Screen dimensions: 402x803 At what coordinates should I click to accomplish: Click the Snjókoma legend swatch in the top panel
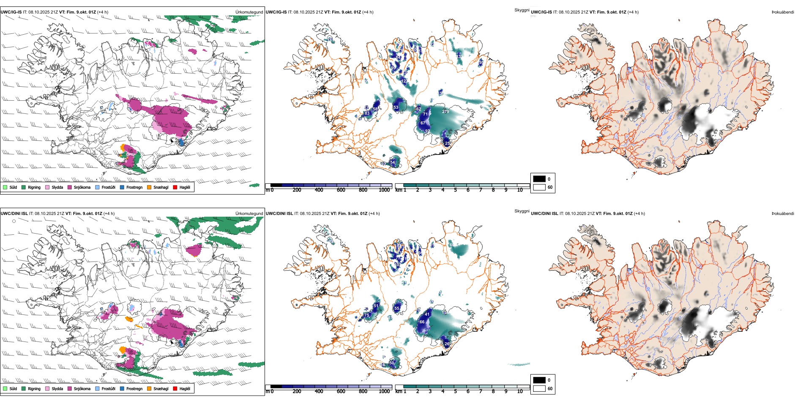tap(70, 187)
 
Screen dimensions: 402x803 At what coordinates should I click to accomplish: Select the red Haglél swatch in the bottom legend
tap(175, 388)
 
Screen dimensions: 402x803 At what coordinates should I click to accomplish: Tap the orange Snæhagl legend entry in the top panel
tap(150, 187)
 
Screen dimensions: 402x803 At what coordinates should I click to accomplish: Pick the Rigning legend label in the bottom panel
tap(34, 388)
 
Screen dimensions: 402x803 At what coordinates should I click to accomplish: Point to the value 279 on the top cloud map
tap(445, 112)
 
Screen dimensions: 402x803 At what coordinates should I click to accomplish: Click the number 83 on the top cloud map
tap(367, 113)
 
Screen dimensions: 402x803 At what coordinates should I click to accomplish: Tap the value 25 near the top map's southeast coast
tap(447, 143)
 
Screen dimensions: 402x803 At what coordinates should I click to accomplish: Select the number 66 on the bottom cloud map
tap(422, 322)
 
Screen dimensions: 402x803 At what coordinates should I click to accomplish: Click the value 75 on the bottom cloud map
tap(366, 315)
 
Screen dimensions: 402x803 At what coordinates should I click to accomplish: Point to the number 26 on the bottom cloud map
tap(447, 344)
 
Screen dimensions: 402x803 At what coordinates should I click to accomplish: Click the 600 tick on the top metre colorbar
tap(341, 190)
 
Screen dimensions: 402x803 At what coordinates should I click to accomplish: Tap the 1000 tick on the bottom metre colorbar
tap(384, 391)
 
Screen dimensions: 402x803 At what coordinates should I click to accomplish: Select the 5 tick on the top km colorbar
tap(455, 190)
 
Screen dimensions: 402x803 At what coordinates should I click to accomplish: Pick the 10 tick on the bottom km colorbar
tap(520, 391)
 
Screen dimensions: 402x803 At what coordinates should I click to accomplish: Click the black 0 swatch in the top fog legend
tap(539, 179)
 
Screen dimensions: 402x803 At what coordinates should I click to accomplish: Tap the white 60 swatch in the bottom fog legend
tap(539, 388)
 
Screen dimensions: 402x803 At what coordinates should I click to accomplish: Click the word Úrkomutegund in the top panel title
tap(249, 12)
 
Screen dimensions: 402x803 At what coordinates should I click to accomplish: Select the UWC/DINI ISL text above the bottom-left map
tap(14, 214)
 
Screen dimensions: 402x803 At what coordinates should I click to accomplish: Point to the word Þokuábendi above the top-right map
tap(783, 12)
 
